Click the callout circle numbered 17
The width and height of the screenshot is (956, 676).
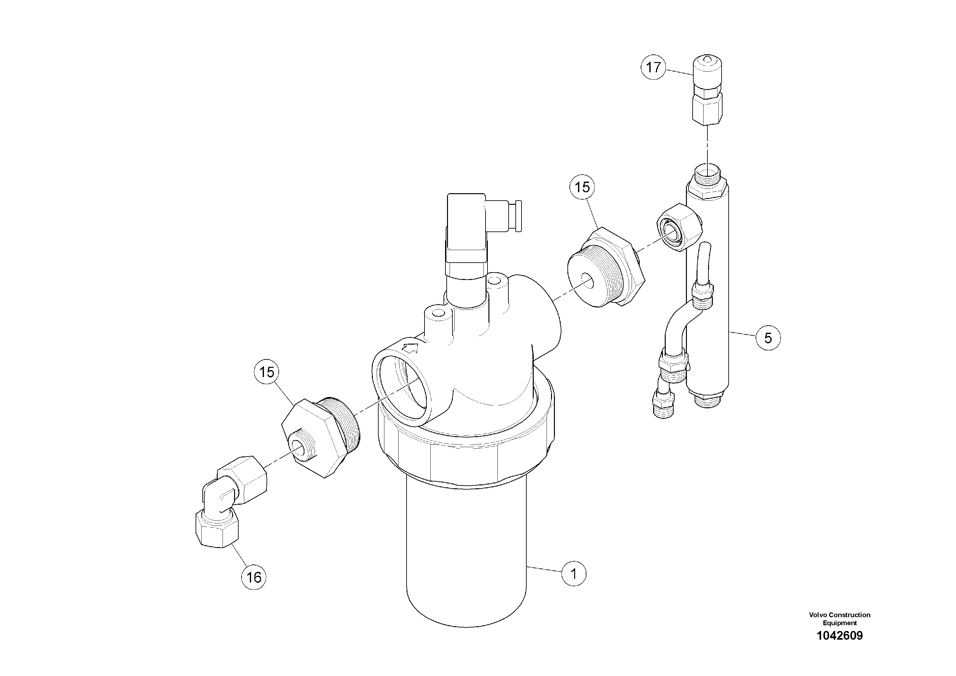[x=653, y=67]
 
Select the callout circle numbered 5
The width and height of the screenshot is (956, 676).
[x=768, y=338]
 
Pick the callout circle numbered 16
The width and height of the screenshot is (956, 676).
[x=254, y=577]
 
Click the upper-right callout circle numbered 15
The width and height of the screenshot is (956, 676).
[x=582, y=187]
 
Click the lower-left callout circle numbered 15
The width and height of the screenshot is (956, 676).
[x=267, y=372]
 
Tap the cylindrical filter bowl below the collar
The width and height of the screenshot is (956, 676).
[x=466, y=554]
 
